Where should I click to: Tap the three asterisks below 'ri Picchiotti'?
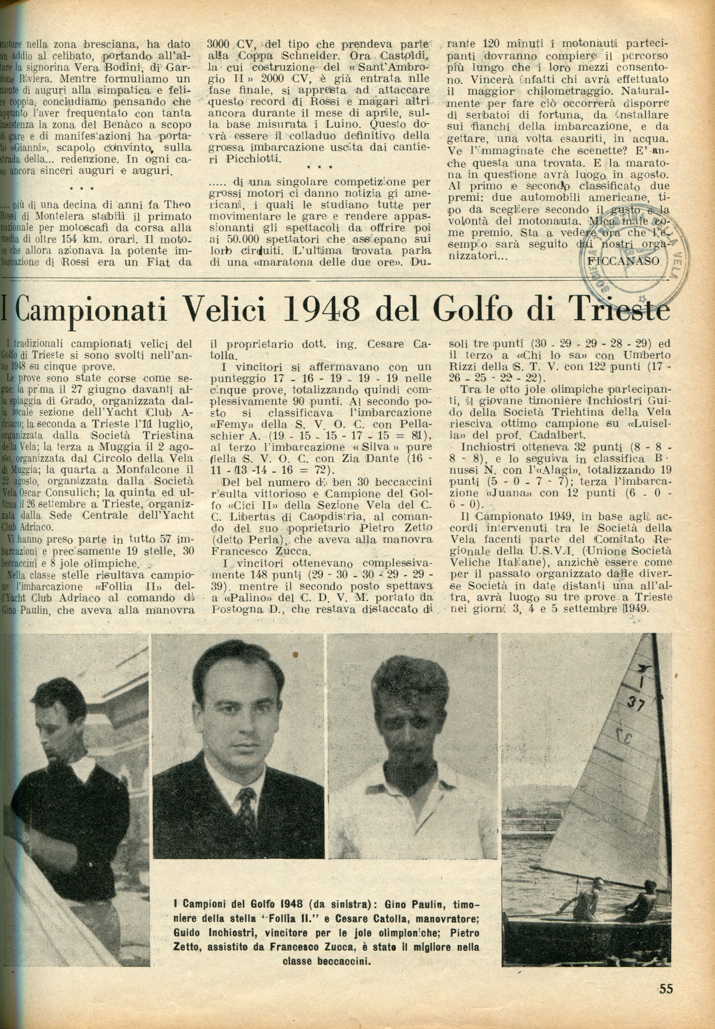pyautogui.click(x=320, y=167)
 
